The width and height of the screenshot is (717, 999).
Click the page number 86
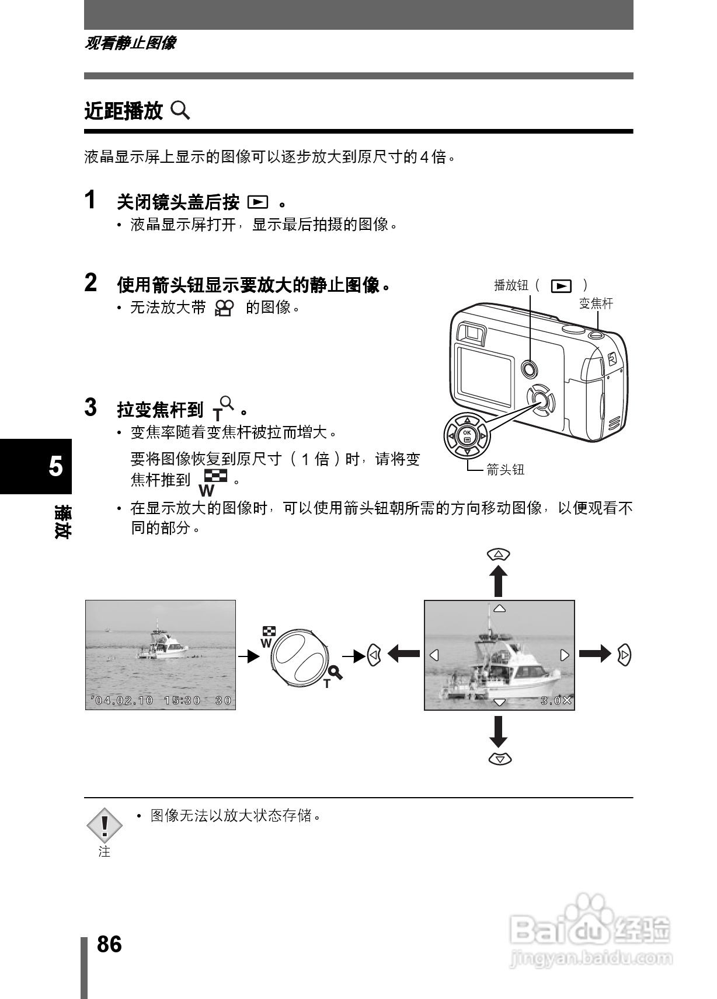click(x=109, y=944)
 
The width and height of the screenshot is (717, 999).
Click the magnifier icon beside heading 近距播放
click(x=180, y=110)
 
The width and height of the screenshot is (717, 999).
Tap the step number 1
click(x=91, y=200)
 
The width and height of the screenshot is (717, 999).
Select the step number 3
click(x=91, y=407)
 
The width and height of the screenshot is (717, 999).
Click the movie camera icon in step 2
click(x=224, y=308)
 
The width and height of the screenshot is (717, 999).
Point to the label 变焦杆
click(x=596, y=303)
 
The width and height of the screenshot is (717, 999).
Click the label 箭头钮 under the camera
click(x=506, y=470)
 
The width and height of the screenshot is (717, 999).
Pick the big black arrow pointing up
click(x=498, y=581)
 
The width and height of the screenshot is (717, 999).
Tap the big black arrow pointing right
click(x=595, y=654)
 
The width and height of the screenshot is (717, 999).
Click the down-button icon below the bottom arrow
click(x=499, y=759)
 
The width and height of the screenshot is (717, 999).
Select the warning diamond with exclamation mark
click(x=105, y=825)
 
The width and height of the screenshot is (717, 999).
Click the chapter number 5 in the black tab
click(x=55, y=467)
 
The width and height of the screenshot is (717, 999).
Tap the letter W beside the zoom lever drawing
click(x=266, y=643)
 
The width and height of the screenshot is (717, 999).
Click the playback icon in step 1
click(x=257, y=202)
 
